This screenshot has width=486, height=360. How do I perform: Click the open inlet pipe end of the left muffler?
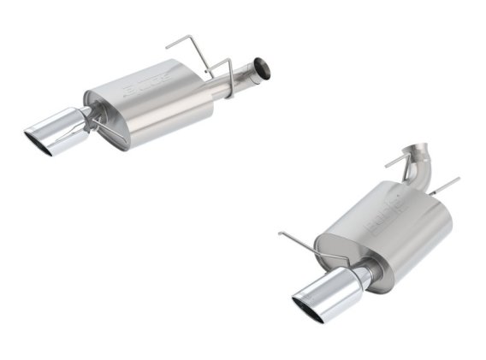coord(262,65)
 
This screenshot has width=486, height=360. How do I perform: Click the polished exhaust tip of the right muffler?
coord(329,295)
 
